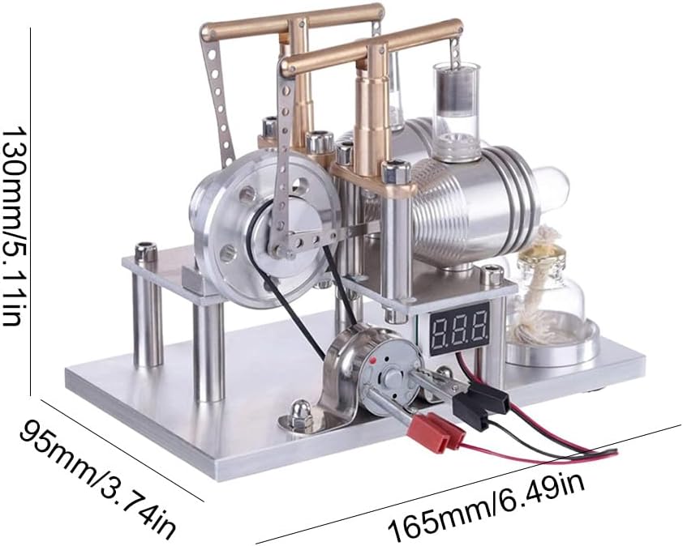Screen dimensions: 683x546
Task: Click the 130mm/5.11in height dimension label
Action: (x=11, y=226)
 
